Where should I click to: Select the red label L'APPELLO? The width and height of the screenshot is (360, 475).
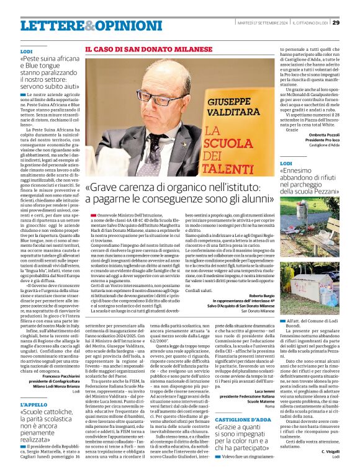pyautogui.click(x=34, y=404)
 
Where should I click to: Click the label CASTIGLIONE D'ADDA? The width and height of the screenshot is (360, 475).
pyautogui.click(x=243, y=419)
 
